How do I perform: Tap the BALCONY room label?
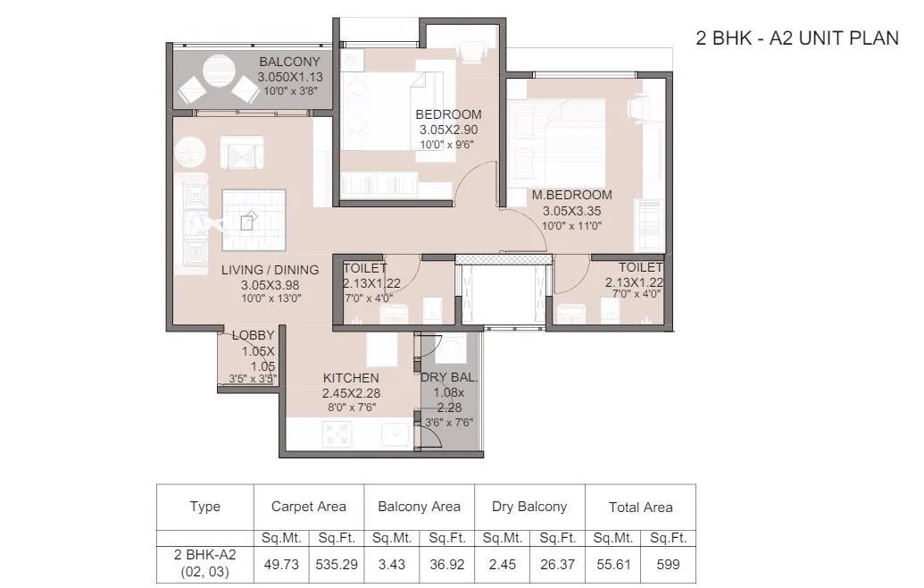(x=289, y=62)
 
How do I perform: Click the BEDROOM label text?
(x=448, y=114)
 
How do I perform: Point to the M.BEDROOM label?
(x=571, y=195)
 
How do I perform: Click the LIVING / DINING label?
(x=270, y=270)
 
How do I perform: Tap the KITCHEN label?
(x=351, y=378)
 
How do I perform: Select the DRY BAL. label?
(x=449, y=378)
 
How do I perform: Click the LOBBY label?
(x=253, y=336)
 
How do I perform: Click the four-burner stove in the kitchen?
(x=337, y=434)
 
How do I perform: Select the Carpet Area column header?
(x=308, y=507)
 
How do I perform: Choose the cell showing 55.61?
(x=612, y=565)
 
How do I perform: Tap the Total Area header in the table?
(x=640, y=507)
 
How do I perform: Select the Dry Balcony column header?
(x=529, y=507)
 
